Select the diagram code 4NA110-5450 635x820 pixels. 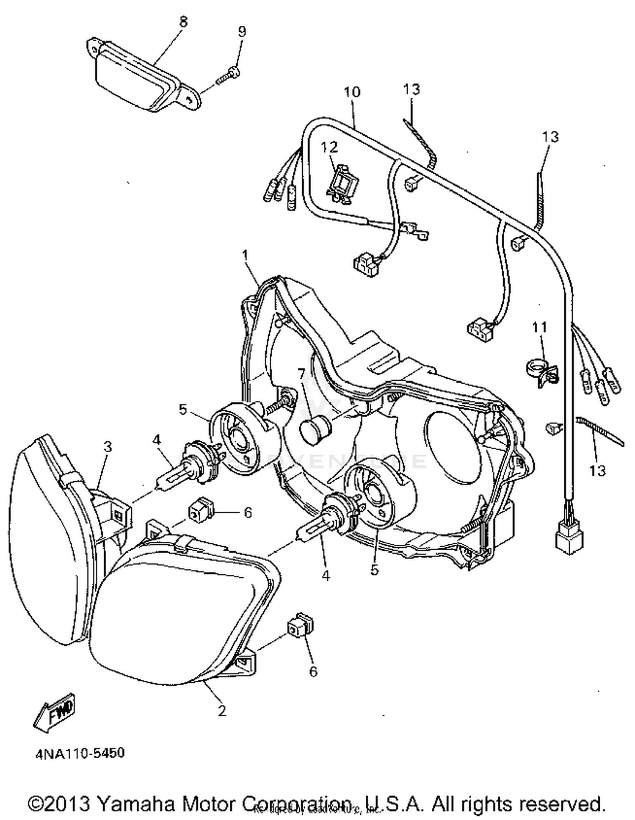click(80, 754)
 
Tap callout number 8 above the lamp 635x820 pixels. click(183, 22)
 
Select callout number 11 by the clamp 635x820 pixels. click(539, 327)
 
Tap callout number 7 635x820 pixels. click(301, 374)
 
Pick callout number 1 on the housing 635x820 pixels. click(245, 255)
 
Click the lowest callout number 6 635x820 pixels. click(313, 672)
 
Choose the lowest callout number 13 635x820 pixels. click(597, 470)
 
